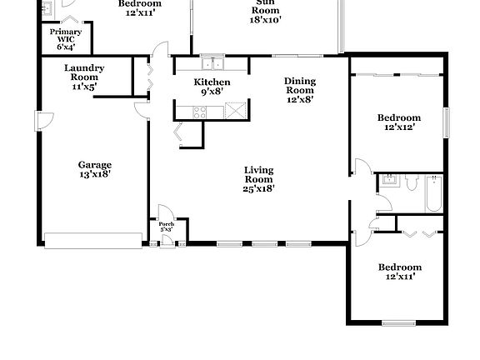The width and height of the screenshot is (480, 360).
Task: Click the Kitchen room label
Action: (212, 82)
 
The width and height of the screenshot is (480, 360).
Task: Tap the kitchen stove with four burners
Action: (202, 111)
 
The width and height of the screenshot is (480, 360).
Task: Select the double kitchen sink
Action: (212, 63)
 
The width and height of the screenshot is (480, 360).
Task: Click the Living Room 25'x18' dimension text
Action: (258, 188)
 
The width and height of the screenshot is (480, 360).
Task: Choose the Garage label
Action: (95, 164)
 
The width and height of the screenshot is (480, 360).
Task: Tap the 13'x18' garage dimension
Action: (95, 174)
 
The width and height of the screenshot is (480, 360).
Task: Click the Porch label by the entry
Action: (167, 224)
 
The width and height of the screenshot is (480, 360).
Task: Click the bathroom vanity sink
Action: (388, 182)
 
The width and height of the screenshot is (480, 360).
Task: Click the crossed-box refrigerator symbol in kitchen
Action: (236, 109)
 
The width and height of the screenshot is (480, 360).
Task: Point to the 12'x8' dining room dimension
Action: (300, 100)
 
